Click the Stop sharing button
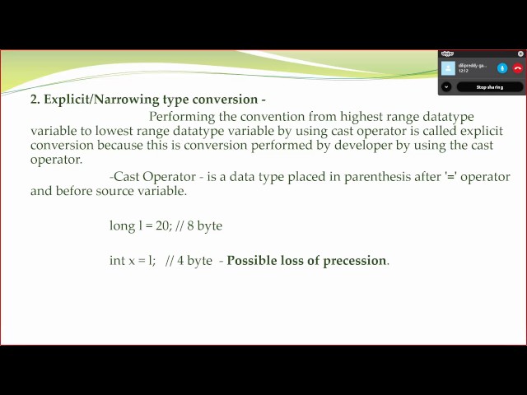click(x=490, y=86)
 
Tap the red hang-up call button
click(x=518, y=68)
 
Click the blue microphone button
click(x=502, y=68)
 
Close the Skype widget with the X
click(x=520, y=53)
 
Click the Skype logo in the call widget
click(x=447, y=53)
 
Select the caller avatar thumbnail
click(x=449, y=68)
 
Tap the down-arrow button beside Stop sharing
click(x=446, y=86)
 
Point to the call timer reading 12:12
click(x=464, y=72)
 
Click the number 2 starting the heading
click(x=35, y=100)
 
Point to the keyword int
click(x=118, y=261)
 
